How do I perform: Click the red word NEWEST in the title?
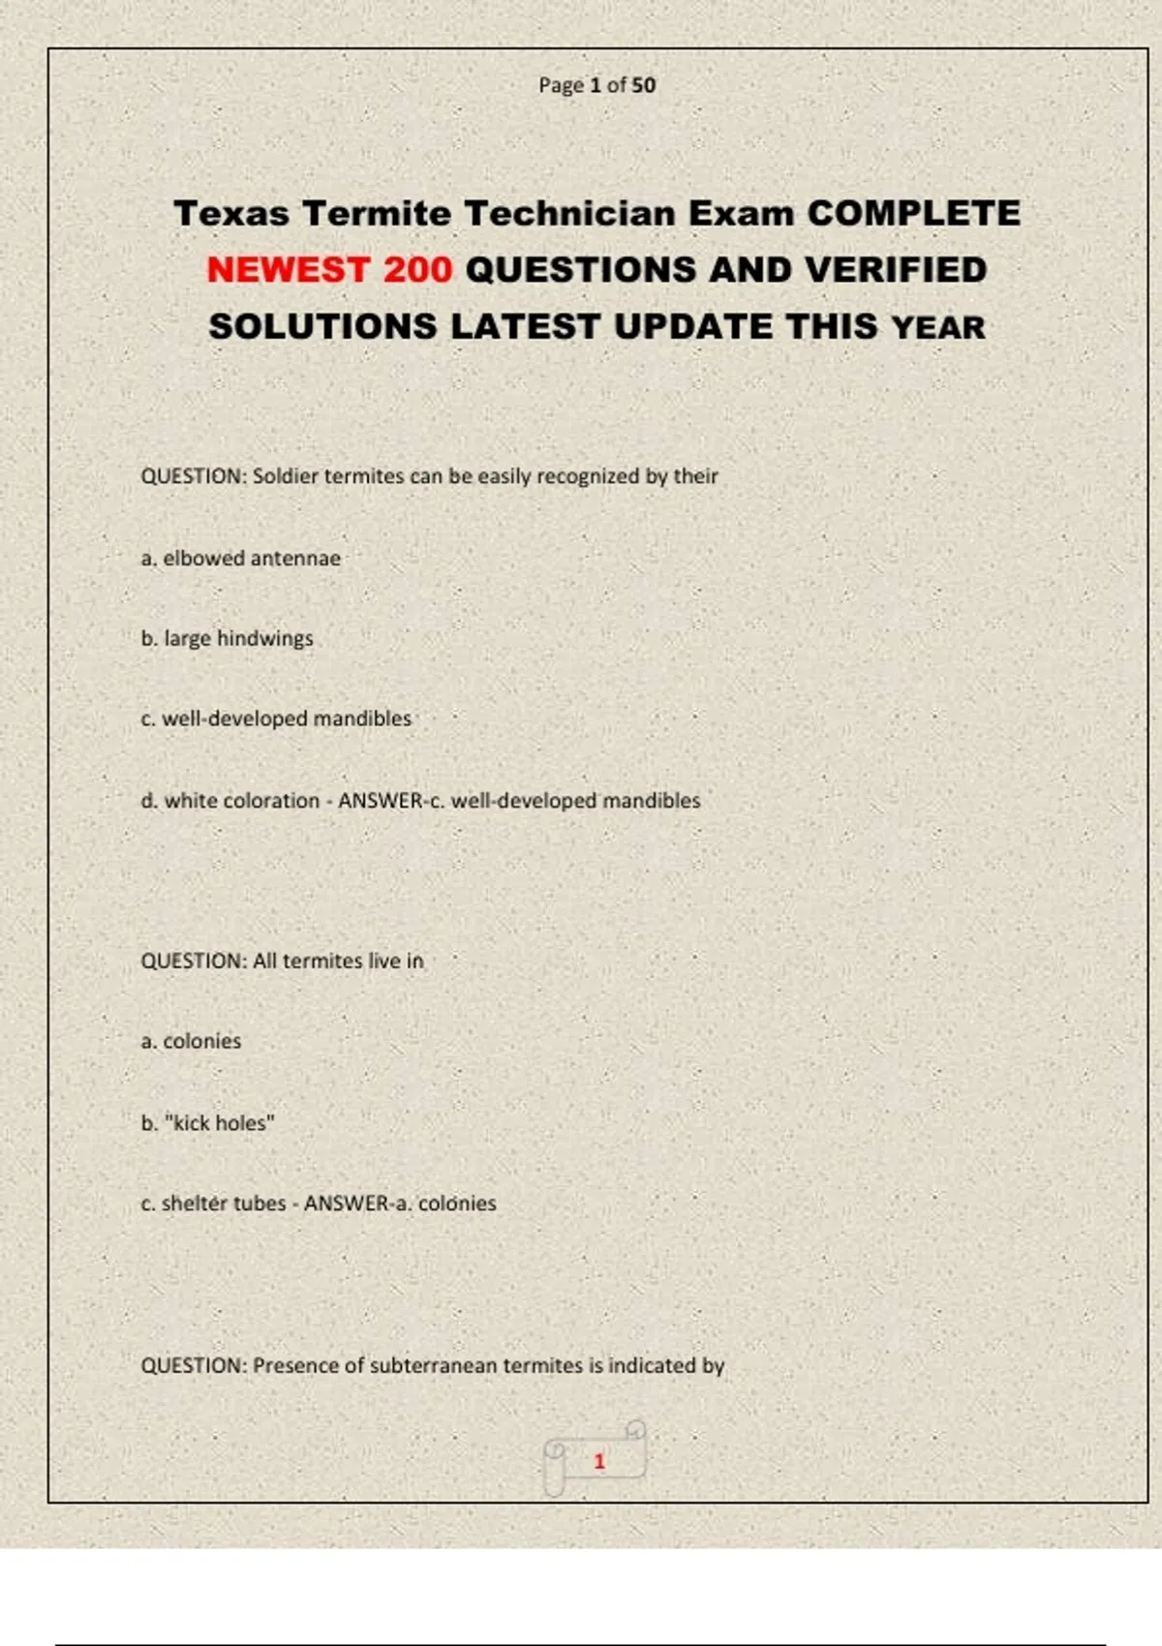tap(288, 269)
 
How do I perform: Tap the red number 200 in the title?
tap(417, 269)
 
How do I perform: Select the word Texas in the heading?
tap(230, 213)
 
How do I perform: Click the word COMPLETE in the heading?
tap(914, 213)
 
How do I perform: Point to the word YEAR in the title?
tap(938, 327)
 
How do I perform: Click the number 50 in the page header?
tap(643, 85)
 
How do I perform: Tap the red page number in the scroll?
tap(599, 1461)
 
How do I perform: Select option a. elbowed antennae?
tap(240, 558)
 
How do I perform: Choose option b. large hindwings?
tap(227, 638)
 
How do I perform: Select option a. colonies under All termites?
tap(191, 1041)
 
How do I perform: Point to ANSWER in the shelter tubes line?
tap(346, 1203)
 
